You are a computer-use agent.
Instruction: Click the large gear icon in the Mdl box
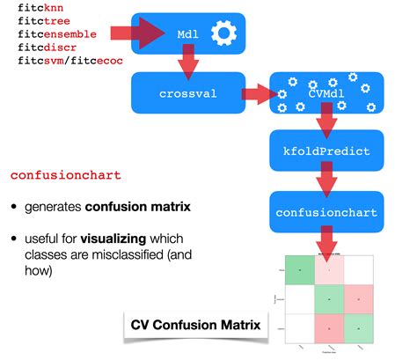225,34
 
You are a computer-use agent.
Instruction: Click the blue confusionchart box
325,212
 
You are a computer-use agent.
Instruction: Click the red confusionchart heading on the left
65,174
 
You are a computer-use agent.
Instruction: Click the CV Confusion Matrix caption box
194,326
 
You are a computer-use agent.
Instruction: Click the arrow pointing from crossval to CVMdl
257,92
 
